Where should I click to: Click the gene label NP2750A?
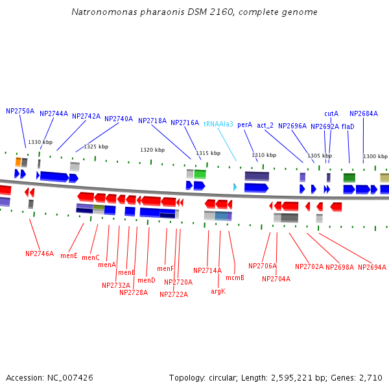click(20, 111)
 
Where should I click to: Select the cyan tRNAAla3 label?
click(218, 124)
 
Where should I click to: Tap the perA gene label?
click(244, 124)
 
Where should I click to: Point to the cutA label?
click(331, 113)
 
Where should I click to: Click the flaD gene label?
click(348, 126)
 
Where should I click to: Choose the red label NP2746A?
click(40, 253)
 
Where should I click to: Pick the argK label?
click(218, 291)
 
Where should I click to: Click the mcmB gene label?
click(235, 277)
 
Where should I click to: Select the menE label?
click(69, 255)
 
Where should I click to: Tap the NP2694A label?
click(371, 267)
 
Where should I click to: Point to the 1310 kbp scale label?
click(264, 155)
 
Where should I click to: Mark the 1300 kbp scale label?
click(375, 156)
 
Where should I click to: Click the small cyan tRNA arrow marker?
click(235, 187)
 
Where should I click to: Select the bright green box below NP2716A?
click(200, 174)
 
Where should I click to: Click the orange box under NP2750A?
click(18, 161)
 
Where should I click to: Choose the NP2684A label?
click(363, 113)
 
